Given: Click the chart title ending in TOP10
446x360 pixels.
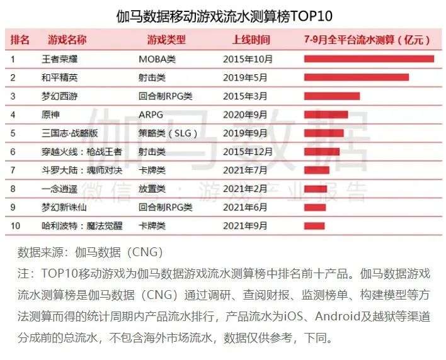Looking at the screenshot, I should coord(224,16).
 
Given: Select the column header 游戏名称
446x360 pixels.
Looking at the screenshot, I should coord(67,40).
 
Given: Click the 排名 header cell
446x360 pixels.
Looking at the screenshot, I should coord(20,40).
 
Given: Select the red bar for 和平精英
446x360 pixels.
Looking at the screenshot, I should coord(356,77).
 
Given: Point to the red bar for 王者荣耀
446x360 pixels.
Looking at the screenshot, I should coord(369,59).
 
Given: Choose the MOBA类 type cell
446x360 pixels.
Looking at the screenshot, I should coord(156,59).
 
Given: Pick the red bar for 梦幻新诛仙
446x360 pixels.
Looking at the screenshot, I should coord(314,207).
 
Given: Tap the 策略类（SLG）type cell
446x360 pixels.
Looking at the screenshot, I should coord(168,133).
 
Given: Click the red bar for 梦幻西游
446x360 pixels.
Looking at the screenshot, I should coord(331,96).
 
